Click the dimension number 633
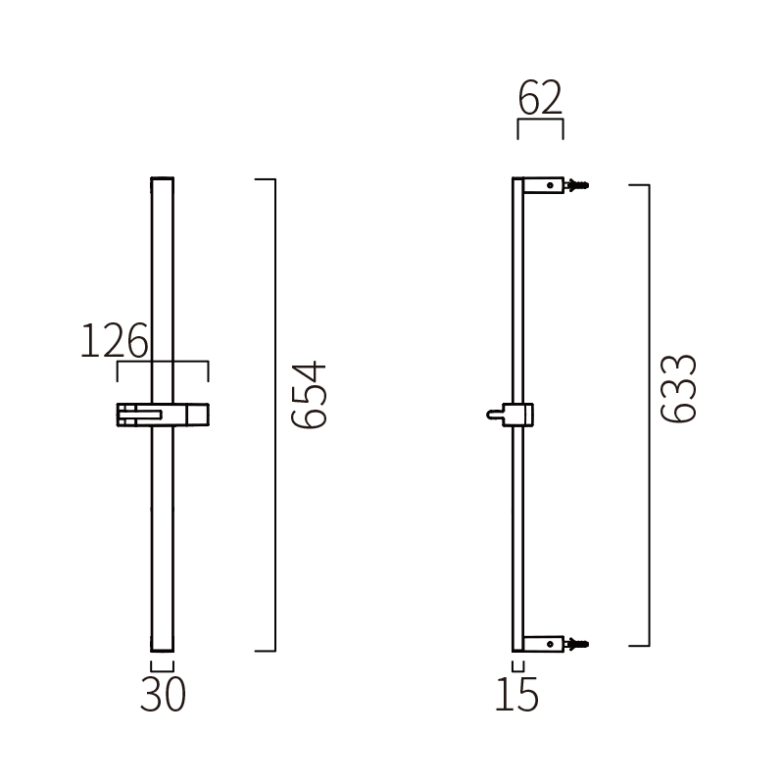(x=678, y=388)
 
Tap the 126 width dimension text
(x=114, y=342)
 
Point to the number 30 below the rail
(x=163, y=695)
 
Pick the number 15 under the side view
(x=516, y=695)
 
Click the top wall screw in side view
(x=578, y=184)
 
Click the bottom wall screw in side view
(x=578, y=644)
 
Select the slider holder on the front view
(x=163, y=416)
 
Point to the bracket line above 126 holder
(x=163, y=364)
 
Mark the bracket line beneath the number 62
(x=540, y=122)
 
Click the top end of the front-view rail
(x=163, y=181)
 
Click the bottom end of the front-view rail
(x=163, y=648)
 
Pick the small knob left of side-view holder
(x=493, y=416)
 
